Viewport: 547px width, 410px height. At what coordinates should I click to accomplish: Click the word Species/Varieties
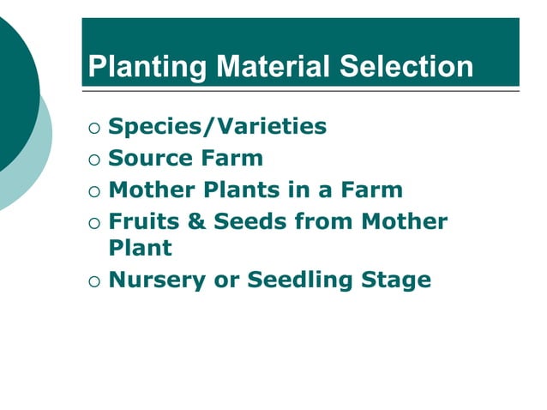pyautogui.click(x=218, y=127)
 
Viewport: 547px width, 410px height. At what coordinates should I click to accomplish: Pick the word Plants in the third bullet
pyautogui.click(x=243, y=190)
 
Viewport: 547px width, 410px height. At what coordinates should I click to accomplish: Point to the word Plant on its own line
pyautogui.click(x=140, y=248)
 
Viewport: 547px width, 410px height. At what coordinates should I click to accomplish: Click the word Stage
pyautogui.click(x=397, y=280)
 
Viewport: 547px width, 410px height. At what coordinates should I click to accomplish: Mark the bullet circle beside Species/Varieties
pyautogui.click(x=93, y=128)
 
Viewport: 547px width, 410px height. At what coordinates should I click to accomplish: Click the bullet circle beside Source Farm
pyautogui.click(x=93, y=160)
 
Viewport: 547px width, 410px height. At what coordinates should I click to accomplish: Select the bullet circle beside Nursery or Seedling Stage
pyautogui.click(x=93, y=280)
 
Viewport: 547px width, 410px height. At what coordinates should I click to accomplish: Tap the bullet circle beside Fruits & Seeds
pyautogui.click(x=93, y=222)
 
